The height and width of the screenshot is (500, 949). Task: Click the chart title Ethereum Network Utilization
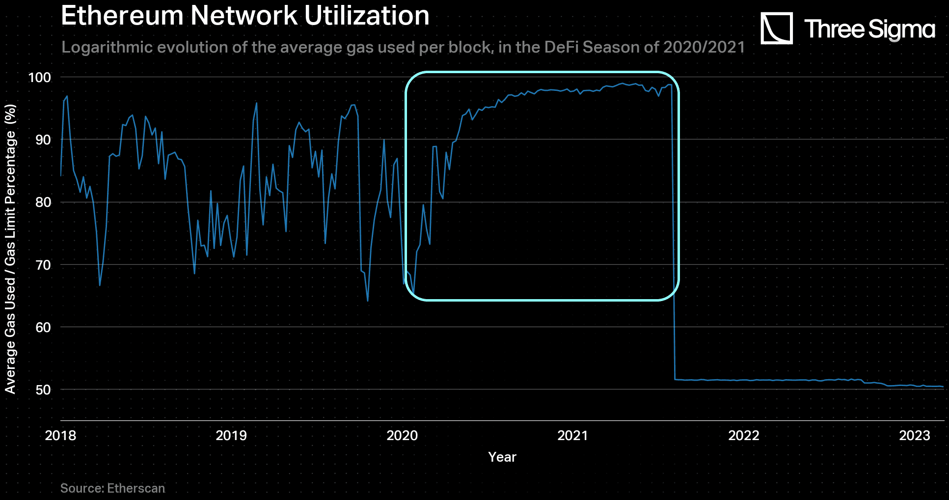point(245,15)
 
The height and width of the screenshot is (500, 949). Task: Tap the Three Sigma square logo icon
point(776,28)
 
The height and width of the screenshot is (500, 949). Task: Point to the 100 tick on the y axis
point(40,77)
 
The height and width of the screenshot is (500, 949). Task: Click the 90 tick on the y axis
point(43,139)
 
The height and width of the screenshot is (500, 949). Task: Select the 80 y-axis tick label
point(43,202)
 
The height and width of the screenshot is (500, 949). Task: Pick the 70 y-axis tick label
point(43,265)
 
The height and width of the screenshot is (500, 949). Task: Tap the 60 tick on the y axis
point(43,327)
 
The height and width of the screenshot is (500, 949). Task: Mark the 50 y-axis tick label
point(43,389)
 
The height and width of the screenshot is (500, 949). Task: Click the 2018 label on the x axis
point(60,435)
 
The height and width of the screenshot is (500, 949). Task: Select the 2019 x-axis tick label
point(231,435)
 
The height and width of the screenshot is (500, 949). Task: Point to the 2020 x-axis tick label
point(402,435)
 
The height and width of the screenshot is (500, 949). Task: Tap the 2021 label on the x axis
point(573,435)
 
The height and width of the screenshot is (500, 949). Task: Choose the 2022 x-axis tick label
point(744,435)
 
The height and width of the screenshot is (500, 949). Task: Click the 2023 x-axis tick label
point(915,435)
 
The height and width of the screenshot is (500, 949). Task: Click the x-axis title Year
point(502,457)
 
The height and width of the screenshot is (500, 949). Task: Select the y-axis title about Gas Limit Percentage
point(10,249)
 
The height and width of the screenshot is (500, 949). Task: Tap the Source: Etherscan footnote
point(112,488)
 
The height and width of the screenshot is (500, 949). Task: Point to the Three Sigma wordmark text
point(869,29)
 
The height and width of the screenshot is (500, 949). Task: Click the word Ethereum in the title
point(122,15)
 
